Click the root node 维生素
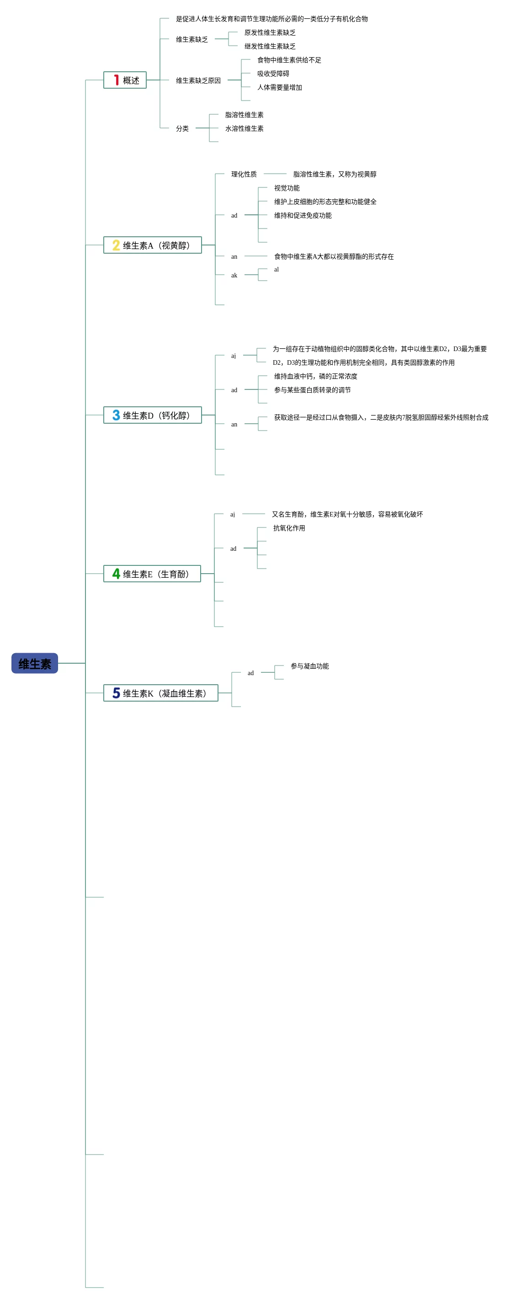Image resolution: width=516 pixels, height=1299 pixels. (x=34, y=663)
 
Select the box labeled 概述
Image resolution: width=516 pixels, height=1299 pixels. (x=125, y=80)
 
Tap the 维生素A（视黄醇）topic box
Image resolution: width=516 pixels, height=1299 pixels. (x=152, y=245)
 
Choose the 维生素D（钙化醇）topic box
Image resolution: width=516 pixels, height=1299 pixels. (x=152, y=415)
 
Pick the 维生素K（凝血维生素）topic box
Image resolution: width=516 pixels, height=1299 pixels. (x=160, y=693)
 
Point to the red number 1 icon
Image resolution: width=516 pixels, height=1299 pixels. (x=116, y=80)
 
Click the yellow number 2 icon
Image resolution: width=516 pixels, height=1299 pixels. (x=116, y=245)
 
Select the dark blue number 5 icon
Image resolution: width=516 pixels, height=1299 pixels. (x=116, y=693)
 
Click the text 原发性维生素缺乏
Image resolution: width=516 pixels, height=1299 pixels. (x=270, y=33)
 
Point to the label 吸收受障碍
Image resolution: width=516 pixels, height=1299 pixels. (x=273, y=74)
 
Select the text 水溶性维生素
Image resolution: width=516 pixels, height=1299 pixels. (x=244, y=128)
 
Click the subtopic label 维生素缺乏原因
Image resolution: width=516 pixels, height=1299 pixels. (x=198, y=81)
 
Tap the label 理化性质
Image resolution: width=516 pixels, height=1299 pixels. (x=244, y=175)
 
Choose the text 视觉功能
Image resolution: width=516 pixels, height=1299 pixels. (x=287, y=188)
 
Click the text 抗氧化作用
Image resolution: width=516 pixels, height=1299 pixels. (x=289, y=528)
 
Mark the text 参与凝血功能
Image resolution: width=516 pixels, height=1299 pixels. (x=309, y=666)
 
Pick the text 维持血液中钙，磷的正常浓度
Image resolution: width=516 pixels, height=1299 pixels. (x=315, y=376)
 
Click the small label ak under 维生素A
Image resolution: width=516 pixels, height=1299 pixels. (x=234, y=275)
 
